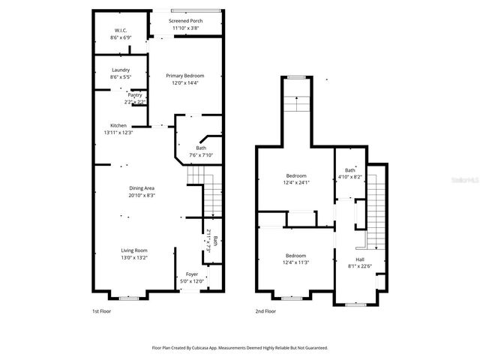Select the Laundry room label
point(120,70)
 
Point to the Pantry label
point(135,95)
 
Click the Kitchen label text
point(118,125)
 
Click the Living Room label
point(135,250)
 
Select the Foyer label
point(192,274)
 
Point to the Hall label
point(360,259)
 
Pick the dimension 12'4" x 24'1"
point(295,182)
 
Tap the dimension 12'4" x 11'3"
point(295,262)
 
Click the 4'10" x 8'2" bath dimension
point(350,177)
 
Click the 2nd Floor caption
point(265,310)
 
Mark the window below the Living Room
point(128,298)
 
